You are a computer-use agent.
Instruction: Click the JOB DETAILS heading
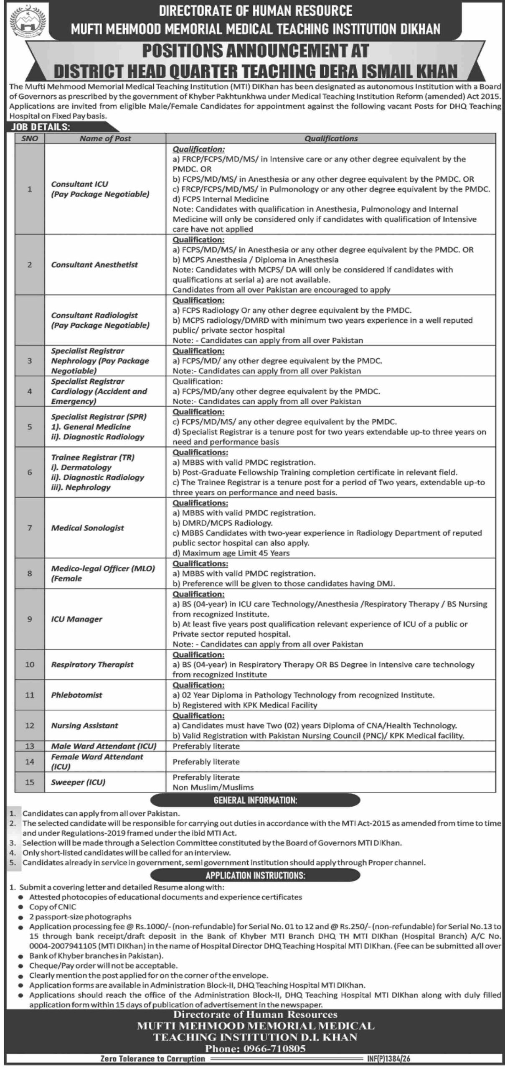(41, 127)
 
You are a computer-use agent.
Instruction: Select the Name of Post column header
(105, 138)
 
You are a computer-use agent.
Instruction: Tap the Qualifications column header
(331, 138)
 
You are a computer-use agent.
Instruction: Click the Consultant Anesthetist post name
(94, 265)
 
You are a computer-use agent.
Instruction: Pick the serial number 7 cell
(30, 528)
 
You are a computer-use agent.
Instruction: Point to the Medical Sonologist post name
(88, 528)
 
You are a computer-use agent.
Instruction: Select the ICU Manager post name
(76, 619)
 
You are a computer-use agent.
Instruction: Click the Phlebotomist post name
(76, 695)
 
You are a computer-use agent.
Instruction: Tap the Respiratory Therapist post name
(92, 665)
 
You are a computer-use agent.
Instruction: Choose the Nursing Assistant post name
(84, 726)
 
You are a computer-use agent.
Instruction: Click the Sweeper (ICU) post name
(78, 782)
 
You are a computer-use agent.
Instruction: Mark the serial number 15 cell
(30, 782)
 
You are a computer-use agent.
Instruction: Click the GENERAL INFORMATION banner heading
(255, 800)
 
